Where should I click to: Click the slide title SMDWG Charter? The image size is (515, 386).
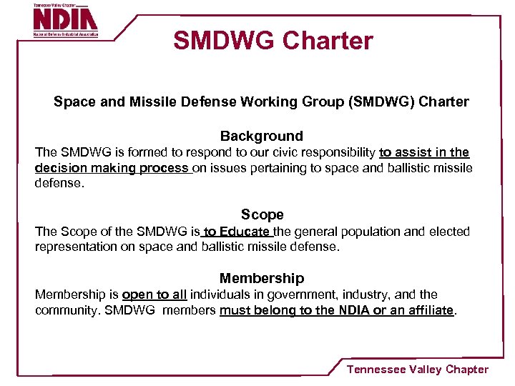[273, 41]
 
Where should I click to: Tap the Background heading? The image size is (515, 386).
[261, 136]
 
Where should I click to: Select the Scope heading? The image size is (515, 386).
[262, 214]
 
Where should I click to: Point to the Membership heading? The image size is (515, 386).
[261, 278]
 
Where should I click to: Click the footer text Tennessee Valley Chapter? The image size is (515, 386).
[417, 370]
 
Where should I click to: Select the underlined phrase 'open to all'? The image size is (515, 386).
[154, 295]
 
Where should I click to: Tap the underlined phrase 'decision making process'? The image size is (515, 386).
[112, 168]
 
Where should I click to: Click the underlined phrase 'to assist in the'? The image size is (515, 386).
[424, 152]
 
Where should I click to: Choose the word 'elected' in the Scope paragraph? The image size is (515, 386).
[448, 231]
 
